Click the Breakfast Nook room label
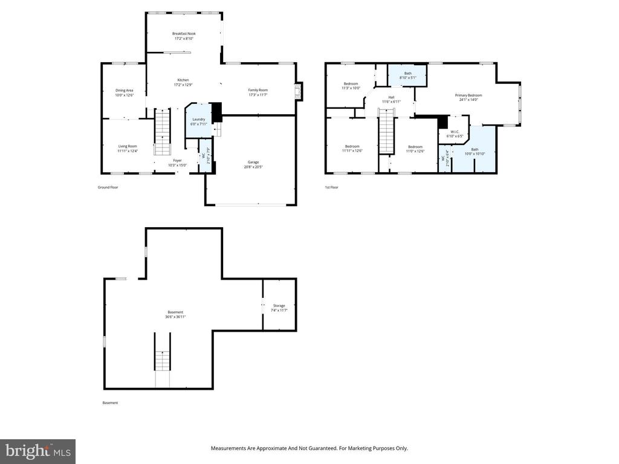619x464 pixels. [184, 36]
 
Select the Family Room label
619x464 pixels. [258, 92]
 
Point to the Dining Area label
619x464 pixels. [125, 92]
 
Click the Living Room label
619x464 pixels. [127, 148]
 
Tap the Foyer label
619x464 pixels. [177, 163]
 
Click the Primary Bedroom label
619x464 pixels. [468, 97]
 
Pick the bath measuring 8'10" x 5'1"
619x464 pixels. [408, 76]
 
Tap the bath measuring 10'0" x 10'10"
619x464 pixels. [475, 152]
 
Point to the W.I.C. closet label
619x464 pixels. [454, 134]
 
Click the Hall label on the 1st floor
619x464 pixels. [391, 99]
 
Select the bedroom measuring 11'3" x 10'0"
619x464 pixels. [351, 86]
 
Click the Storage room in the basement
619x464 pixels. [279, 308]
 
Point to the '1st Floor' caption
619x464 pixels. [331, 187]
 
